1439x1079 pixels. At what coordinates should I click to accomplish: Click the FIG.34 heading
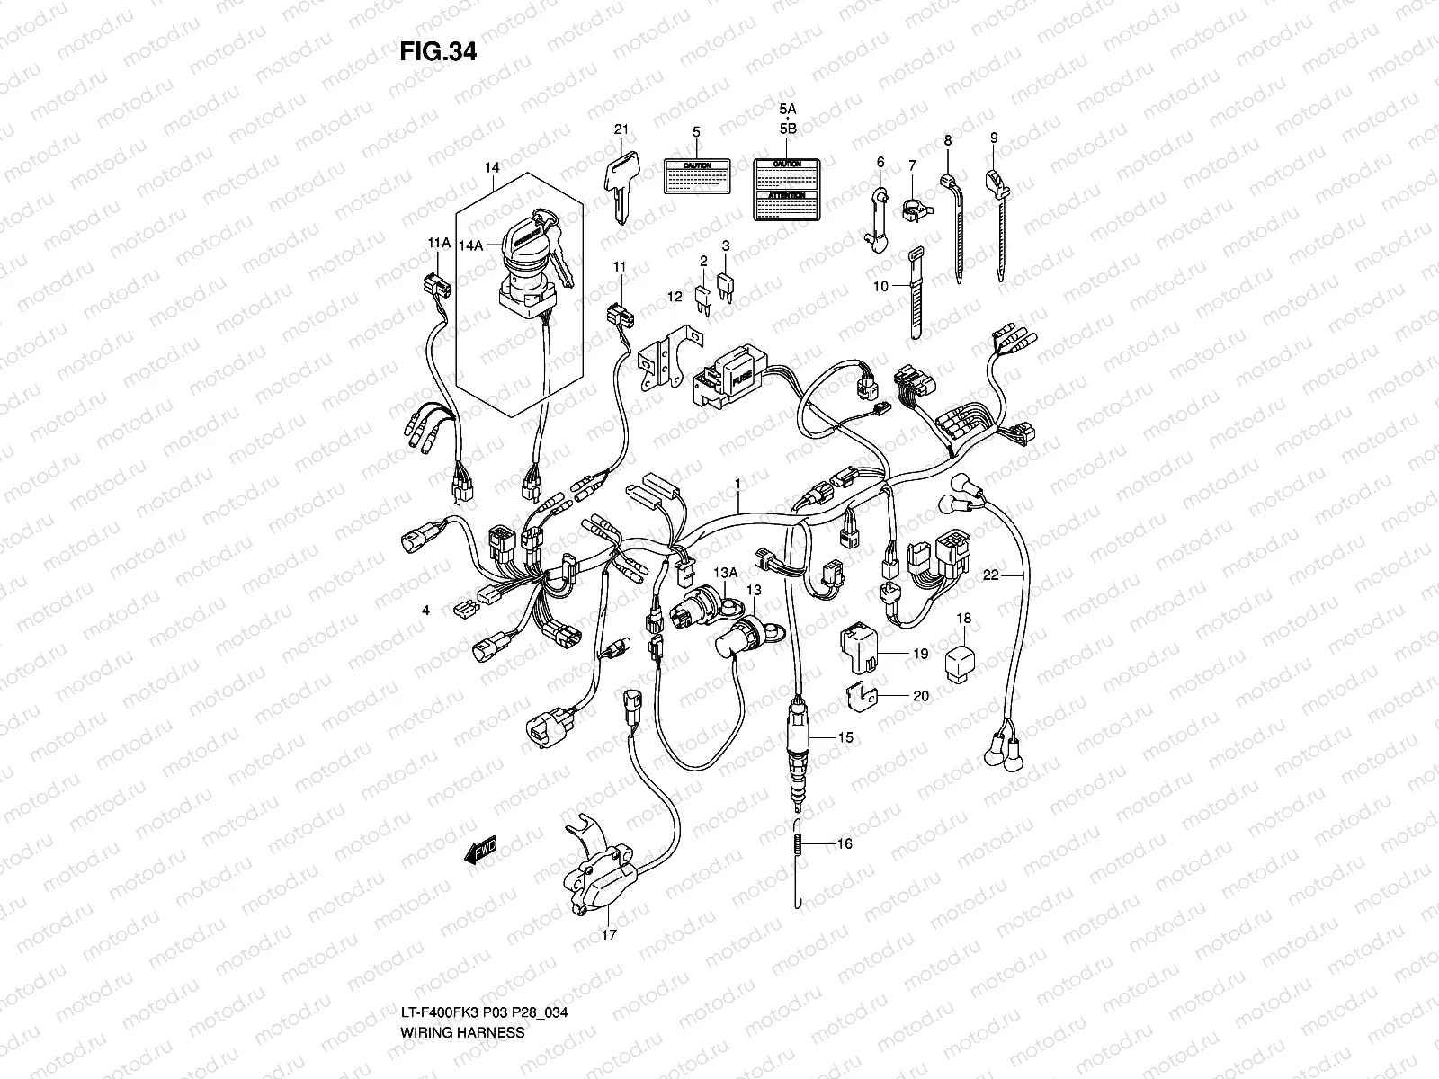tap(437, 52)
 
